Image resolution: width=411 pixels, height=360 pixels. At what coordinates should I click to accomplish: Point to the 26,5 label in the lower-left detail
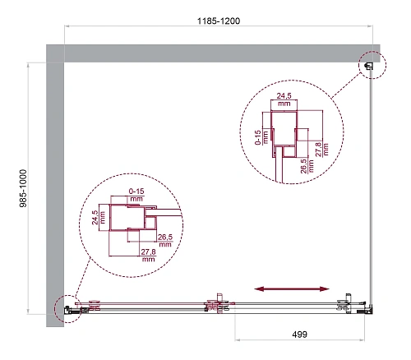[164, 241]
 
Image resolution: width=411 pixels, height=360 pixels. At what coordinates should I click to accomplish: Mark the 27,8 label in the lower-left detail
[149, 255]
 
